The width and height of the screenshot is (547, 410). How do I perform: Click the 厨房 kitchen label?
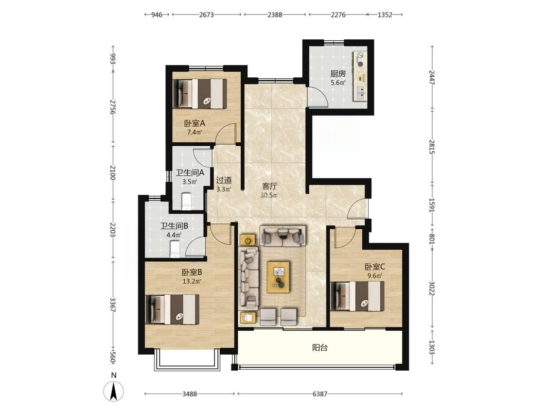point(338,73)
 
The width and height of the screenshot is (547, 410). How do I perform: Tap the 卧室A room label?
point(194,123)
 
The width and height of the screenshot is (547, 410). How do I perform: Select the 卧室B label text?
point(192,272)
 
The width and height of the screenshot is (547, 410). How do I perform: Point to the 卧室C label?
point(375,267)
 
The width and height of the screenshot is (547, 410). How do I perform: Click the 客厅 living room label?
point(269,186)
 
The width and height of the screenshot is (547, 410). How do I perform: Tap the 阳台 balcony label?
point(320,348)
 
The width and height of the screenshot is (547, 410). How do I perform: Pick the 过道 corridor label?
point(224,180)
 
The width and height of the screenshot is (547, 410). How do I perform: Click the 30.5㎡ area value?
point(269,195)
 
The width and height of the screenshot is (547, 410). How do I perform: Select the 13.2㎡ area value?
point(192,281)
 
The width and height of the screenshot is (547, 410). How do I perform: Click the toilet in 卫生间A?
point(187,202)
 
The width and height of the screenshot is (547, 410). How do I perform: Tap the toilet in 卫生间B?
point(175,250)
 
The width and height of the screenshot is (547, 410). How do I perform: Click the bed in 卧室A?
point(200,93)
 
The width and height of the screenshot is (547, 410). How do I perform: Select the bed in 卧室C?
point(357,296)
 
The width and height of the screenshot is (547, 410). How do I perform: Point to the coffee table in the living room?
point(279,277)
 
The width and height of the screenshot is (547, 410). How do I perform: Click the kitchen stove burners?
point(360,59)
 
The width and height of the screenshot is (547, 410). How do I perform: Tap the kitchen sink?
point(360,92)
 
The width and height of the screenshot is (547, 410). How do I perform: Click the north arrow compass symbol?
point(113,391)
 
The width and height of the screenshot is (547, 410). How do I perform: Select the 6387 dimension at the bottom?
point(320,394)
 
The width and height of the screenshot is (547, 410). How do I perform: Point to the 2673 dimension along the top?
point(207,15)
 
